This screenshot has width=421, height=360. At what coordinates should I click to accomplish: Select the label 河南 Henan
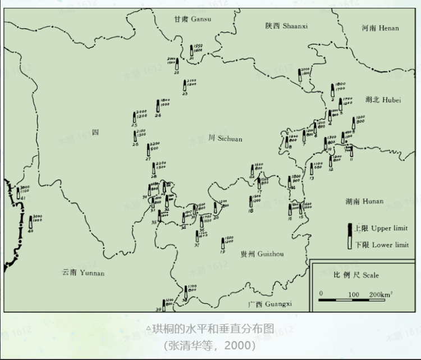coord(380,28)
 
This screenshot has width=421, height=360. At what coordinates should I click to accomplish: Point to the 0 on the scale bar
coord(321,294)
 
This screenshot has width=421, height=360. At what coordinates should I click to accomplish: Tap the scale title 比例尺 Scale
coord(356,275)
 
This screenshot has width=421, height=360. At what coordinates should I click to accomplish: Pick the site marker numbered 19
coord(222,245)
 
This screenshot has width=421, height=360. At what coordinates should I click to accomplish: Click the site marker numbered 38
coord(186,293)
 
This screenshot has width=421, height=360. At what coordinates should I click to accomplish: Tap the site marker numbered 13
coord(312,169)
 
